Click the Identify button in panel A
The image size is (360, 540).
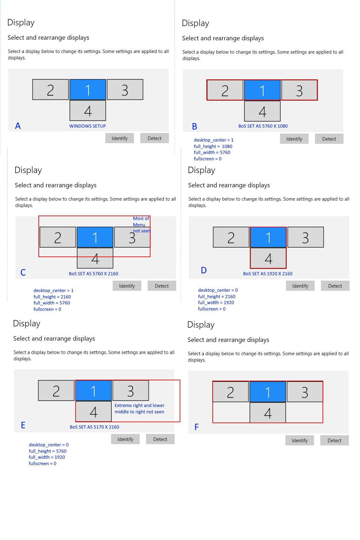coord(120,138)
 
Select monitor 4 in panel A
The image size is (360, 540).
coord(88,111)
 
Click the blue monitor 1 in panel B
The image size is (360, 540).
coord(262,90)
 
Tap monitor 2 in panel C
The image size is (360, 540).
coord(58,237)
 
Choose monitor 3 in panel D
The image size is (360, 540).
coord(305,237)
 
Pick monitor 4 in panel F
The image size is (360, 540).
coord(268,412)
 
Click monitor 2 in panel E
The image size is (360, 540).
coord(56,390)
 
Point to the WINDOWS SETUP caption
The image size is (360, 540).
coord(88,126)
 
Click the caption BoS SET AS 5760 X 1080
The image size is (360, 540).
coord(263,126)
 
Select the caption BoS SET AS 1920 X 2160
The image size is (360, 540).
coord(268,274)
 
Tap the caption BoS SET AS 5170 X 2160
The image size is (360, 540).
coord(95,427)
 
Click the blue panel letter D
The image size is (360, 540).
coord(204,270)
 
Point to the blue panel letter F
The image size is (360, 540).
coord(197,427)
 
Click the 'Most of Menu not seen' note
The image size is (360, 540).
coord(142,225)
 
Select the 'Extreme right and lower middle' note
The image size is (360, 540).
coord(139,409)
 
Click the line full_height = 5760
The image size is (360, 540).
coord(48,451)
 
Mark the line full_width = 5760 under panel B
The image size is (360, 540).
coord(212,152)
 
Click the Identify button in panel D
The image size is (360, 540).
coord(300,286)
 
